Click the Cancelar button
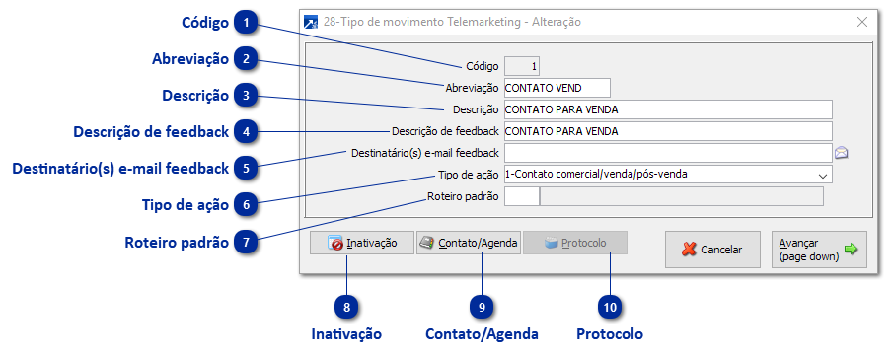(x=711, y=250)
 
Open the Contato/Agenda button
(x=468, y=243)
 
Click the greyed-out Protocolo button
(x=575, y=243)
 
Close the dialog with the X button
(x=861, y=21)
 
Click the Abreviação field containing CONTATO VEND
(x=557, y=88)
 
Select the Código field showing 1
(x=521, y=66)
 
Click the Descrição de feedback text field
(x=667, y=131)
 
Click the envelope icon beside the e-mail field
(x=842, y=153)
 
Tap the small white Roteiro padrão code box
(x=521, y=196)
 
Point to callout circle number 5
(x=247, y=168)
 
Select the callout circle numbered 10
(x=611, y=307)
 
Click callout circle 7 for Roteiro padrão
(x=247, y=242)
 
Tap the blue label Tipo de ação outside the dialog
(x=186, y=204)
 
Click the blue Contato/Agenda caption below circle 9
(x=482, y=334)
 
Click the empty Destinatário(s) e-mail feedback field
(x=667, y=153)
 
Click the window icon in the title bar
(x=312, y=21)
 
